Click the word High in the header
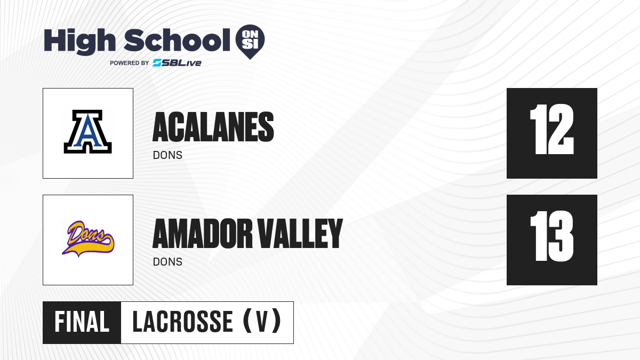coord(80,42)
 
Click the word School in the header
coord(177,40)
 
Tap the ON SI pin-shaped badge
coord(250,42)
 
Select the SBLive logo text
coord(177,63)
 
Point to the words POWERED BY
coord(130,63)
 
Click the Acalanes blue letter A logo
coord(87,132)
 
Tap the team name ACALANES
coord(213,127)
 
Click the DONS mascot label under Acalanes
coord(167,155)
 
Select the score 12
coord(551,129)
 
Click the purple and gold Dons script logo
coord(88,239)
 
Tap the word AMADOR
coord(203,234)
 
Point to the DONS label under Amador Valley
coord(167,262)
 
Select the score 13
coord(551,236)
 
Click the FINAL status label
coord(82,322)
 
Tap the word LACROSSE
coord(183,322)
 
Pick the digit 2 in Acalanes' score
coord(561,129)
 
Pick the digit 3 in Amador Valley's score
coord(561,236)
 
